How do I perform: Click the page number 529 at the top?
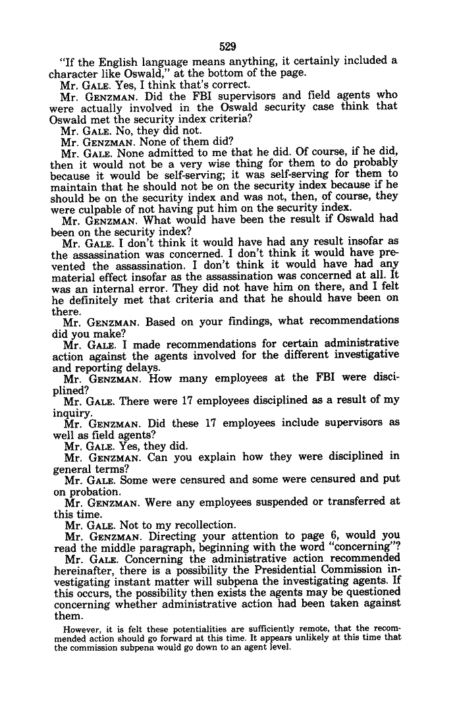[x=227, y=46]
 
